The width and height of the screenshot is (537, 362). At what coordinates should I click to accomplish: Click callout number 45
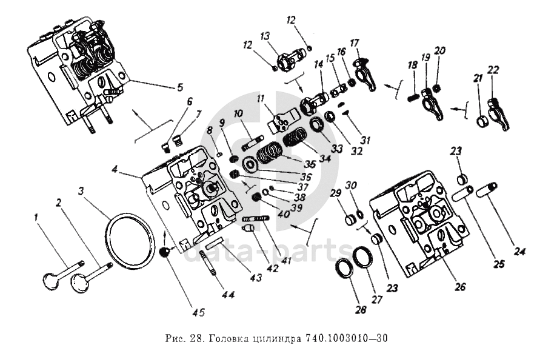coord(199,312)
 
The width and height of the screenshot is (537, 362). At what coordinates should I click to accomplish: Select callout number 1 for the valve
coord(38,216)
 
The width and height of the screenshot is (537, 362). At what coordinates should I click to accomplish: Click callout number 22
coord(493,70)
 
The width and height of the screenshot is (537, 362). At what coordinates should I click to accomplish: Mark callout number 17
coord(355,43)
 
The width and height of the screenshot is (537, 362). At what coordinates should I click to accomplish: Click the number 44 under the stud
coord(228,295)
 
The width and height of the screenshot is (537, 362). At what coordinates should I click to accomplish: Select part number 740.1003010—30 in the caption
coord(346,338)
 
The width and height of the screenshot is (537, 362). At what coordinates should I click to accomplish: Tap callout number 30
coord(352,185)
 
